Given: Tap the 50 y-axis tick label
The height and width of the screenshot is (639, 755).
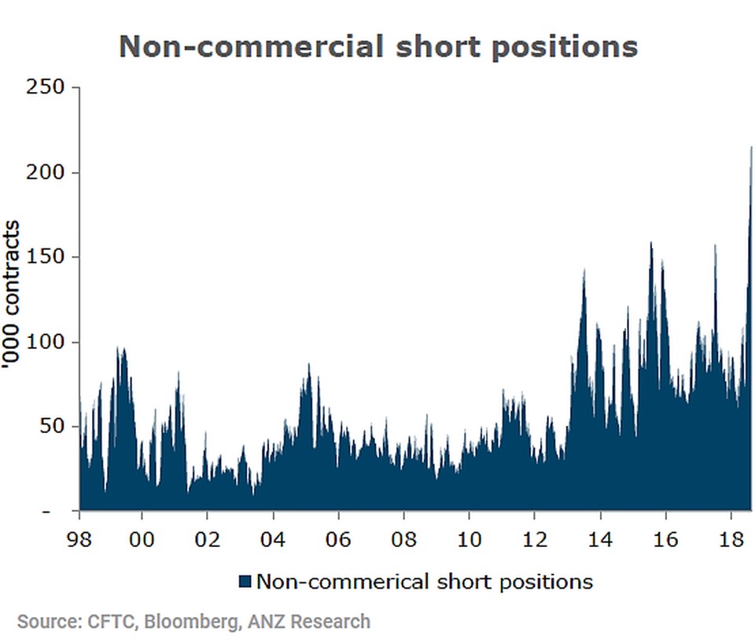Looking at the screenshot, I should coord(53,427).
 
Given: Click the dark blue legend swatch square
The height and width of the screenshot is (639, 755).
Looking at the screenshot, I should coord(245,582).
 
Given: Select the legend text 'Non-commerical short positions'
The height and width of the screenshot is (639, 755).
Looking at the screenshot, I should coord(425,582).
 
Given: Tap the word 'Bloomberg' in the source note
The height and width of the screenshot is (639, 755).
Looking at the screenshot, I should coord(182,622).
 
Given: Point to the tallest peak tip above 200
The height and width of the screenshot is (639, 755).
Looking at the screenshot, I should coord(751,149).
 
